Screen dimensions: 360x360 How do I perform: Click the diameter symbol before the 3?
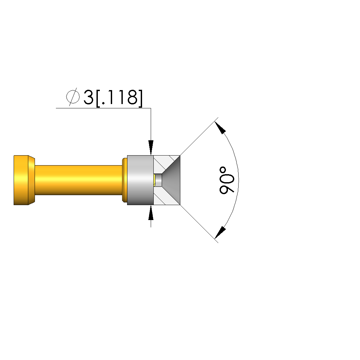click(x=73, y=97)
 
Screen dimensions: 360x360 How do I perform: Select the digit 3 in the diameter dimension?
click(x=89, y=97)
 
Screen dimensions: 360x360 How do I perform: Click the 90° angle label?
click(x=227, y=180)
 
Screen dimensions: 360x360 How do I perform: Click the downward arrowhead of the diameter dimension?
click(x=151, y=148)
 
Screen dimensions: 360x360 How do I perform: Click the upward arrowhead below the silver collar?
click(x=151, y=213)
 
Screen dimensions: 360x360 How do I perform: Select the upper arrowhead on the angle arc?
click(x=220, y=128)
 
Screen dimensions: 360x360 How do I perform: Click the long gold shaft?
click(x=78, y=180)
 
